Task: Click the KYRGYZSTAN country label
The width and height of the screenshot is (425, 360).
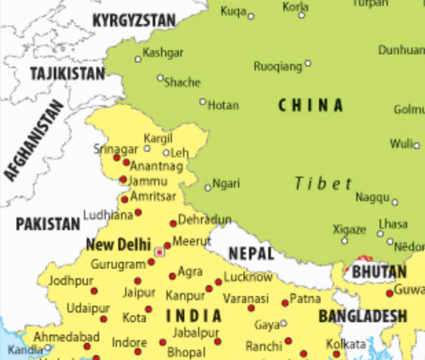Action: (x=134, y=21)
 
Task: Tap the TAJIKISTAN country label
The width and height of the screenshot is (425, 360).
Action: (x=67, y=74)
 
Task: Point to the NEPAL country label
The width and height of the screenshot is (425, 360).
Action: (x=251, y=254)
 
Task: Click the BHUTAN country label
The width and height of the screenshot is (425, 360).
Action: (x=379, y=272)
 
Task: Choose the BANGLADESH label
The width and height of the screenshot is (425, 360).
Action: (x=362, y=316)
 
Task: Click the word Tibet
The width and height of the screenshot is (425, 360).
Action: (x=323, y=183)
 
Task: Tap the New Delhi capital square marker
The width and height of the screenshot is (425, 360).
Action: (x=160, y=252)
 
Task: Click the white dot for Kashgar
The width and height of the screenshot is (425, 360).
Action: (x=138, y=60)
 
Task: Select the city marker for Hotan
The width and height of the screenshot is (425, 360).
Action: (x=203, y=102)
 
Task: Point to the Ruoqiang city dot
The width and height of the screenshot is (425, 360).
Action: (x=308, y=63)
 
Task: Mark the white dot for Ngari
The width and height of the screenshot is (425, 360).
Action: (x=208, y=188)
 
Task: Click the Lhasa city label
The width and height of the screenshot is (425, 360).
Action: (x=392, y=224)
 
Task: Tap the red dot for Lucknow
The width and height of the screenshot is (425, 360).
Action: (x=219, y=282)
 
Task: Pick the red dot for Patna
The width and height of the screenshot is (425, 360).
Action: (x=285, y=303)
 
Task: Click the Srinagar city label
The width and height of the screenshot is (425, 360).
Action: (x=116, y=149)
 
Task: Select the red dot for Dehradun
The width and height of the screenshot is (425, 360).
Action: (x=173, y=223)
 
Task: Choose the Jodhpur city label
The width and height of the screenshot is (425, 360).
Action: (x=70, y=280)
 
